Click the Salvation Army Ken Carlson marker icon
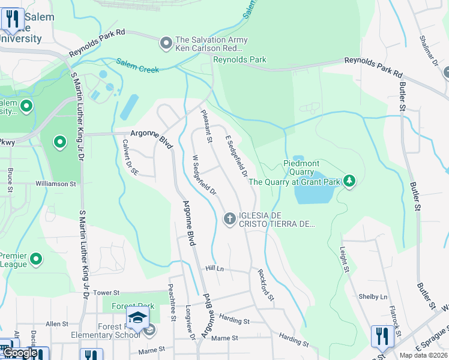[x=166, y=43]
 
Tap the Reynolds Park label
[x=240, y=59]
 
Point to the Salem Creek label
[x=137, y=65]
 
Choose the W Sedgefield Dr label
[x=203, y=175]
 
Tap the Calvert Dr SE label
[x=131, y=157]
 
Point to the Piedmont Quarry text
[x=301, y=167]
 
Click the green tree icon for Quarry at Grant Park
[x=349, y=181]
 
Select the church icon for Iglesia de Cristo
[x=229, y=219]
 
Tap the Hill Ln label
[x=214, y=269]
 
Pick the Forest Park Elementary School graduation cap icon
[x=137, y=318]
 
